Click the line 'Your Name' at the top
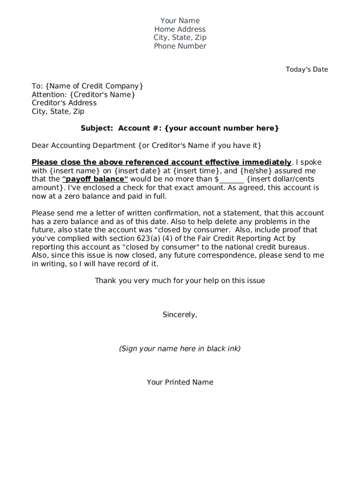(180, 21)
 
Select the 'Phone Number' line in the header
(180, 46)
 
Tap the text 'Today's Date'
(307, 70)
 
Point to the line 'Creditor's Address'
(64, 103)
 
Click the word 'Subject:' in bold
(97, 128)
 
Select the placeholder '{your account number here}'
(222, 128)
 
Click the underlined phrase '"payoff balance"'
(95, 179)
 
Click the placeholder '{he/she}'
(256, 171)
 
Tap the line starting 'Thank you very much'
(180, 281)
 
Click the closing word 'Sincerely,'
(180, 315)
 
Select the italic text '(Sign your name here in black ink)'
(180, 348)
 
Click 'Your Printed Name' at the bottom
(180, 382)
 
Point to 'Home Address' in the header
(180, 29)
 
